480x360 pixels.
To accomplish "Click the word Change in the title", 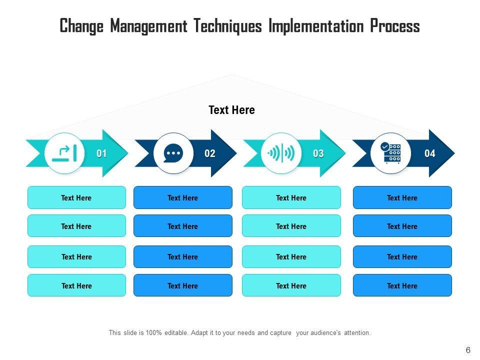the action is [x=82, y=26].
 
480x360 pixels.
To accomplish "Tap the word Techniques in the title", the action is [x=228, y=26].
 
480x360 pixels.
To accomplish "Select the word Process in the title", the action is [x=395, y=26].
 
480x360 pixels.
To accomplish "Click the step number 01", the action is [x=101, y=153].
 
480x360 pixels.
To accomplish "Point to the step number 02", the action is [x=210, y=153].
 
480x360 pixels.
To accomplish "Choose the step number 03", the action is [x=318, y=153].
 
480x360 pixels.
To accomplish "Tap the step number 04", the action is [x=430, y=153].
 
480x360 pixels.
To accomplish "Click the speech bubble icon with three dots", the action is [x=173, y=153].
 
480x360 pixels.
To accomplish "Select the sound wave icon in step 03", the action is [x=282, y=153].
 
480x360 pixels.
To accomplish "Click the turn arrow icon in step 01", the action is [x=64, y=153].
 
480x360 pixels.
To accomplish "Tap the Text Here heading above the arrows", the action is [x=231, y=110].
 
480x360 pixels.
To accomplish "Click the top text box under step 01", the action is [x=76, y=197].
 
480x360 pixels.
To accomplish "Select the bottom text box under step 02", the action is [x=183, y=285].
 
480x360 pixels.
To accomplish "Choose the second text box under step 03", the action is [x=291, y=226].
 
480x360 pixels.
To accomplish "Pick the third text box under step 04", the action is [x=402, y=256].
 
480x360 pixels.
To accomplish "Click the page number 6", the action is [x=468, y=350].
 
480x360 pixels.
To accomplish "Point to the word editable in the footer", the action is [x=174, y=332].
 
